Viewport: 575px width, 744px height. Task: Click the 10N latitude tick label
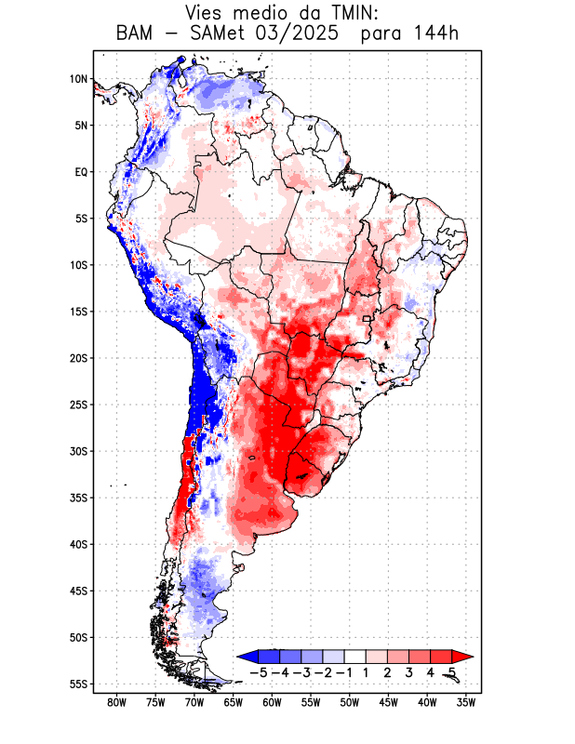point(78,79)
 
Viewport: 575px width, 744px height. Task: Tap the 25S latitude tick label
point(78,405)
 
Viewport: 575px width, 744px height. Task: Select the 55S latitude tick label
point(78,684)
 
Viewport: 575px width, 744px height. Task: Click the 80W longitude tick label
point(116,703)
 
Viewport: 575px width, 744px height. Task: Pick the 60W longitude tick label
point(272,703)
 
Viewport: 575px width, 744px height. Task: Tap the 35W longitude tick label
point(466,703)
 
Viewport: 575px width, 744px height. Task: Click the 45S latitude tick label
point(78,591)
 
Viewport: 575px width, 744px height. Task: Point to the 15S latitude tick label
point(78,312)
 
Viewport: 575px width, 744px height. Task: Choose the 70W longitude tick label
point(194,703)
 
